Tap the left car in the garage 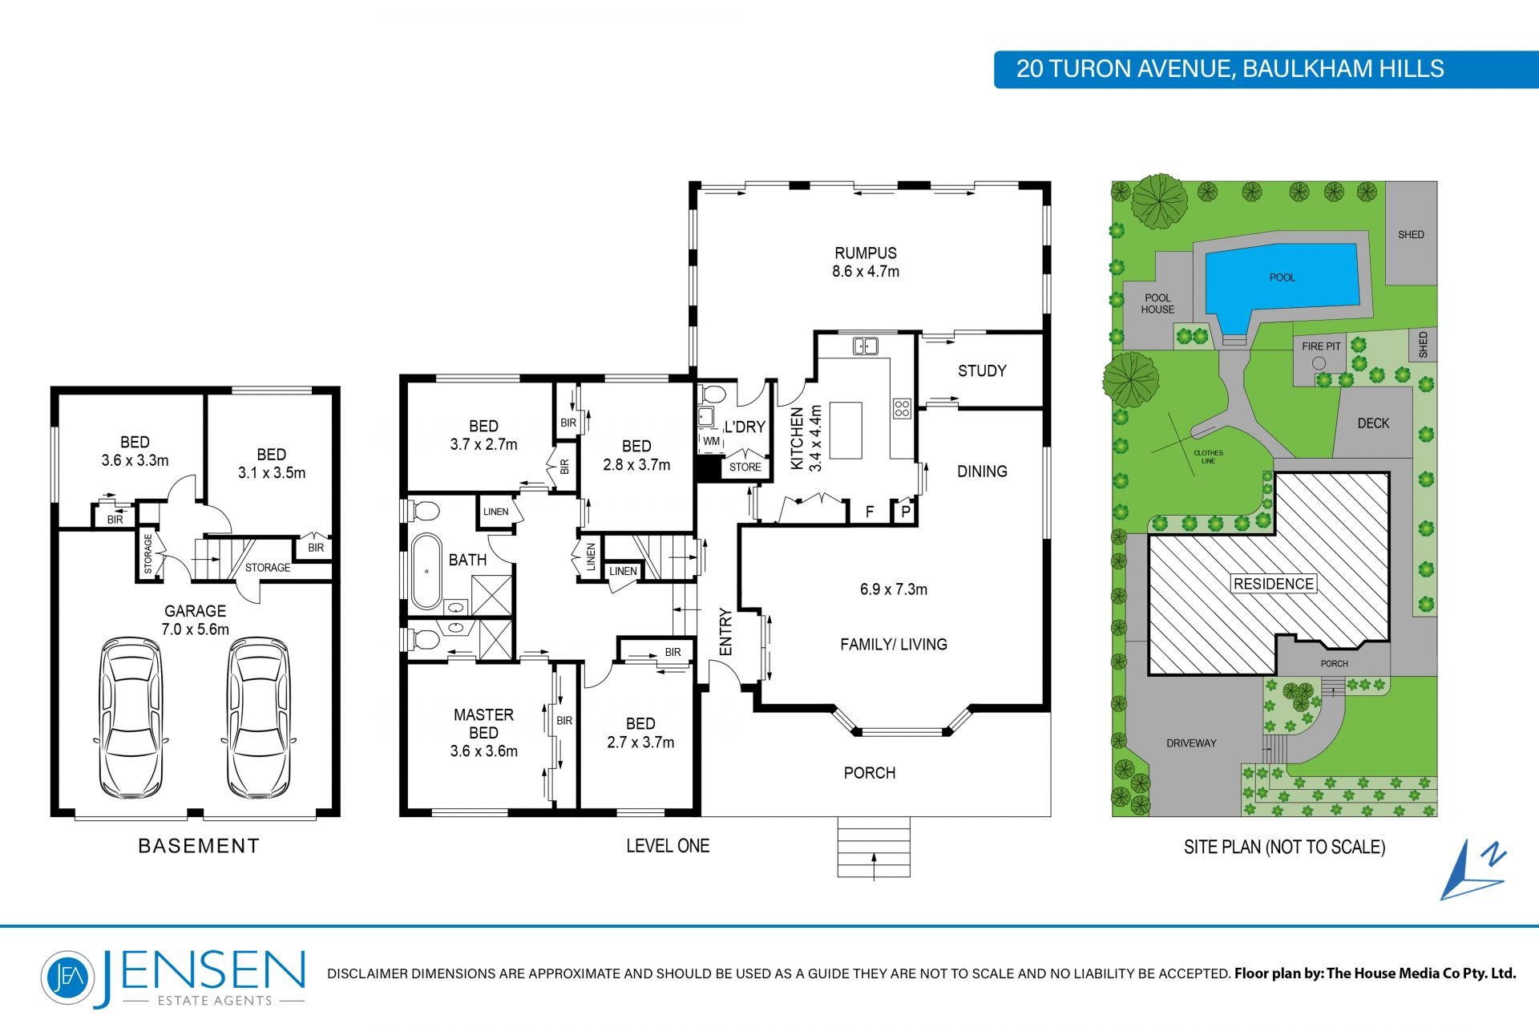(x=130, y=718)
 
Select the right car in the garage (x=259, y=718)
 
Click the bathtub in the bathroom (x=426, y=571)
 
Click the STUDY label (x=982, y=370)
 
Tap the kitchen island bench (x=846, y=431)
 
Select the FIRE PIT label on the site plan (x=1321, y=346)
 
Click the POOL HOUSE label (x=1157, y=303)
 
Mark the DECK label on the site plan (x=1373, y=423)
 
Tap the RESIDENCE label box (x=1274, y=584)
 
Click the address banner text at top (x=1230, y=69)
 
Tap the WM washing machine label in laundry (x=711, y=441)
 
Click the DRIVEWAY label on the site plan (x=1191, y=743)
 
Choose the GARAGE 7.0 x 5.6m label (x=195, y=620)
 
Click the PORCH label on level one (x=870, y=773)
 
